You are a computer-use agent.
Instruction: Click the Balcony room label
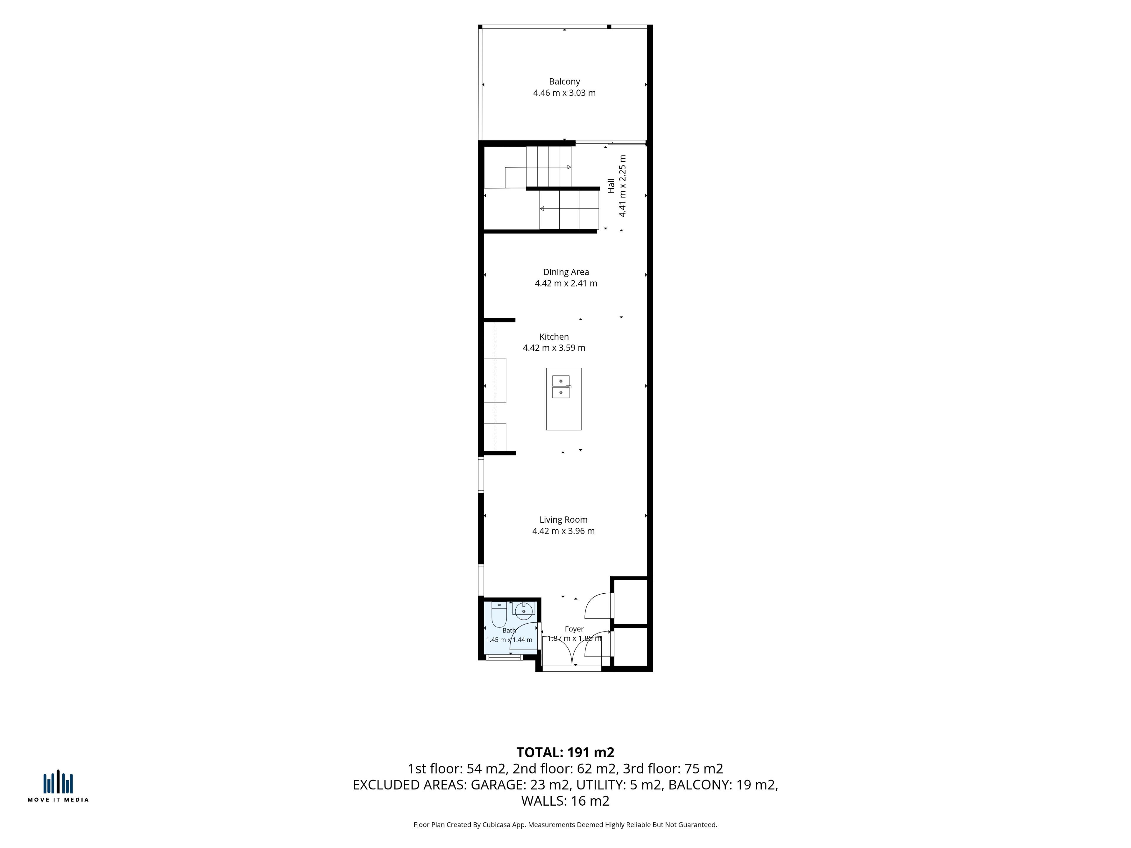click(565, 81)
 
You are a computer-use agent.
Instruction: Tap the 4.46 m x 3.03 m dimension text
click(565, 92)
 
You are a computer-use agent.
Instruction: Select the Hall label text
click(611, 185)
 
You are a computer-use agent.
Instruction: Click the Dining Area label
click(566, 272)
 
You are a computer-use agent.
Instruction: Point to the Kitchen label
click(554, 336)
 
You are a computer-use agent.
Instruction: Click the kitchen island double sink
click(561, 387)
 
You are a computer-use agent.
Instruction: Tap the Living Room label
click(563, 519)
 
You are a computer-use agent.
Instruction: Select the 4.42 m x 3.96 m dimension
click(563, 531)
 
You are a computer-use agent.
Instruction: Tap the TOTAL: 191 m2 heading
click(565, 752)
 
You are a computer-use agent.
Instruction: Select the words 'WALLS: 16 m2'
click(565, 801)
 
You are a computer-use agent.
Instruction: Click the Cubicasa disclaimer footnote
click(565, 824)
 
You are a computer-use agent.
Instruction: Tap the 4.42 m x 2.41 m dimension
click(566, 283)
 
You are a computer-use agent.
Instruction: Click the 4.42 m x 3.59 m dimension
click(554, 347)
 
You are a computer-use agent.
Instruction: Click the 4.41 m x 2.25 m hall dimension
click(622, 186)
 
